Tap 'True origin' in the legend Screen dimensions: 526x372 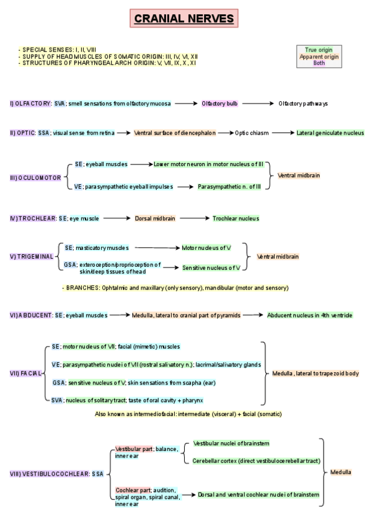[x=319, y=50]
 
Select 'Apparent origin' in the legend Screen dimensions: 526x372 [x=319, y=56]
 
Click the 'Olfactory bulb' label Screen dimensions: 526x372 [x=219, y=104]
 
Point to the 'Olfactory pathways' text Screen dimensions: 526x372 [x=303, y=104]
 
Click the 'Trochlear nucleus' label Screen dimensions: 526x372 [x=236, y=218]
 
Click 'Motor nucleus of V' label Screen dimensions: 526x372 [x=206, y=247]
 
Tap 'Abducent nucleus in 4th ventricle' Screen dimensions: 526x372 [x=310, y=315]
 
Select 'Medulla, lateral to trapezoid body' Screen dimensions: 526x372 [x=316, y=373]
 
